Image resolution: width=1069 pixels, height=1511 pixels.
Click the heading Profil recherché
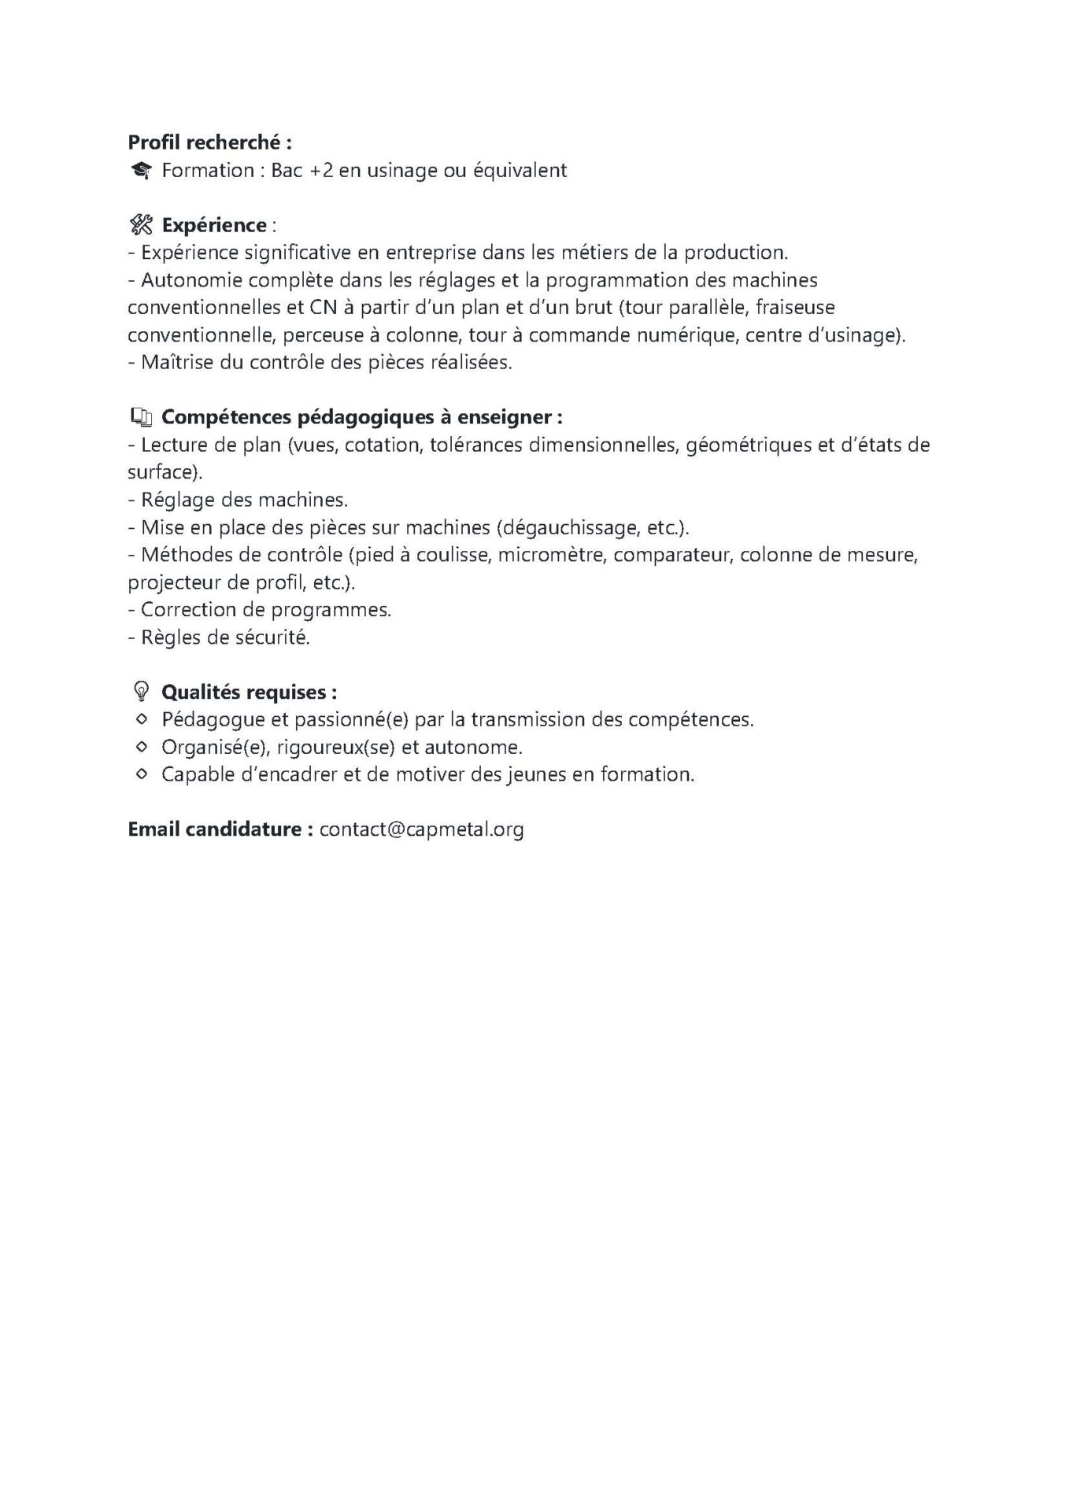(209, 142)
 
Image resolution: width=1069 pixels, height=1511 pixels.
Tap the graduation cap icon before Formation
(141, 171)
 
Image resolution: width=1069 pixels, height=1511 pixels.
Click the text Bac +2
(303, 171)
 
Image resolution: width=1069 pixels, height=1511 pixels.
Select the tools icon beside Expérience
(140, 225)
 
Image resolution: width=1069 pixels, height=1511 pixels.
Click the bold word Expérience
(214, 225)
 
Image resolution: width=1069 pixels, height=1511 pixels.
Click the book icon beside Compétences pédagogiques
(140, 417)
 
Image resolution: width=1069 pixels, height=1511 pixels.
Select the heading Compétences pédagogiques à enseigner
(361, 417)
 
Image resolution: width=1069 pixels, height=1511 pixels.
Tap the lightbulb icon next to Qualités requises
(141, 693)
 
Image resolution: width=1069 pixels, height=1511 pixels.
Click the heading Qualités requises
(249, 693)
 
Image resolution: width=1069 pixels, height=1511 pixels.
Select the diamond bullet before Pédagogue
(141, 719)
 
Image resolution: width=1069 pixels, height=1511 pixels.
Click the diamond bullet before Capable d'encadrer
(141, 774)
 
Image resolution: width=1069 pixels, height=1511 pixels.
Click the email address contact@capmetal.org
(421, 829)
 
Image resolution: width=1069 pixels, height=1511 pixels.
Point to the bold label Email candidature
(220, 829)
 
